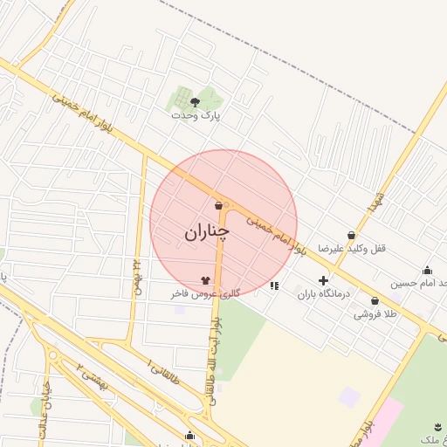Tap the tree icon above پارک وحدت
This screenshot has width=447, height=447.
click(x=195, y=102)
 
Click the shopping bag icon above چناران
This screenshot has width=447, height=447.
click(x=217, y=206)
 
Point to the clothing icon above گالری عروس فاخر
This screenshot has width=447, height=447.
click(x=206, y=280)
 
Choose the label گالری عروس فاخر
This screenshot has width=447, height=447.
click(x=205, y=294)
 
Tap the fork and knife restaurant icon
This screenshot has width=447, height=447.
click(x=274, y=285)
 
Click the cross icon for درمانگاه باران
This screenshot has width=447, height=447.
click(x=323, y=280)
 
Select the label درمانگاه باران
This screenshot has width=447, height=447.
click(x=323, y=294)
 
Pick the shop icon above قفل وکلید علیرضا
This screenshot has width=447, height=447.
click(x=351, y=235)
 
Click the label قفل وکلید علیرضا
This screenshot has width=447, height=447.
click(x=351, y=248)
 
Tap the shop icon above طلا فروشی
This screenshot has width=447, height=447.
click(x=375, y=300)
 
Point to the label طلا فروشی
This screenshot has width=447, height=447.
click(x=375, y=313)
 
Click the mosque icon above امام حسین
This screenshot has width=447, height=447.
click(x=427, y=270)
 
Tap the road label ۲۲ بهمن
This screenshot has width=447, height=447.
click(x=136, y=277)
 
